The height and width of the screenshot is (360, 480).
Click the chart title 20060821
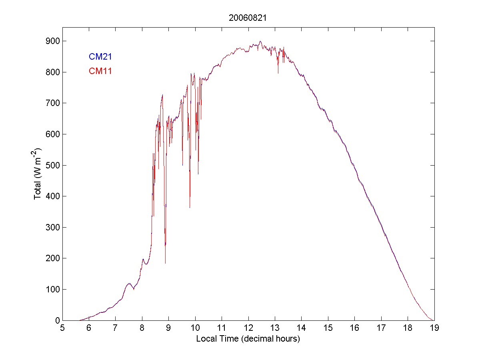(x=248, y=18)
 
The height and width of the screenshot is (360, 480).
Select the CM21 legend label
(x=100, y=56)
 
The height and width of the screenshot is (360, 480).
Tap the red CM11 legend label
(x=100, y=71)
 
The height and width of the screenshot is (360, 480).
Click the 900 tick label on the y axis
(x=52, y=41)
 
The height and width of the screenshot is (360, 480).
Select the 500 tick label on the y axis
(x=52, y=165)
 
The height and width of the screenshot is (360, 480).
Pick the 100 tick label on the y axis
(x=52, y=289)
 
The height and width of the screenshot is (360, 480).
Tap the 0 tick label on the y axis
(x=56, y=320)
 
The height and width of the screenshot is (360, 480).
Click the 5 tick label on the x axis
(x=62, y=328)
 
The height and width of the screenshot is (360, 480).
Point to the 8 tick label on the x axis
(x=142, y=328)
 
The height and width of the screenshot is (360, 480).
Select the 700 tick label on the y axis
(x=52, y=103)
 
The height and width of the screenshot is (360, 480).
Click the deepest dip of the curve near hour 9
(x=165, y=263)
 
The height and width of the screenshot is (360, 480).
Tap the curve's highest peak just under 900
(x=260, y=41)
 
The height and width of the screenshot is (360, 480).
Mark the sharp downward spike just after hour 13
(x=278, y=73)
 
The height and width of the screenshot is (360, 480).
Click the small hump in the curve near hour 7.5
(x=129, y=284)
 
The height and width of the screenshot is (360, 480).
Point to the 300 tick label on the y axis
(x=52, y=227)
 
